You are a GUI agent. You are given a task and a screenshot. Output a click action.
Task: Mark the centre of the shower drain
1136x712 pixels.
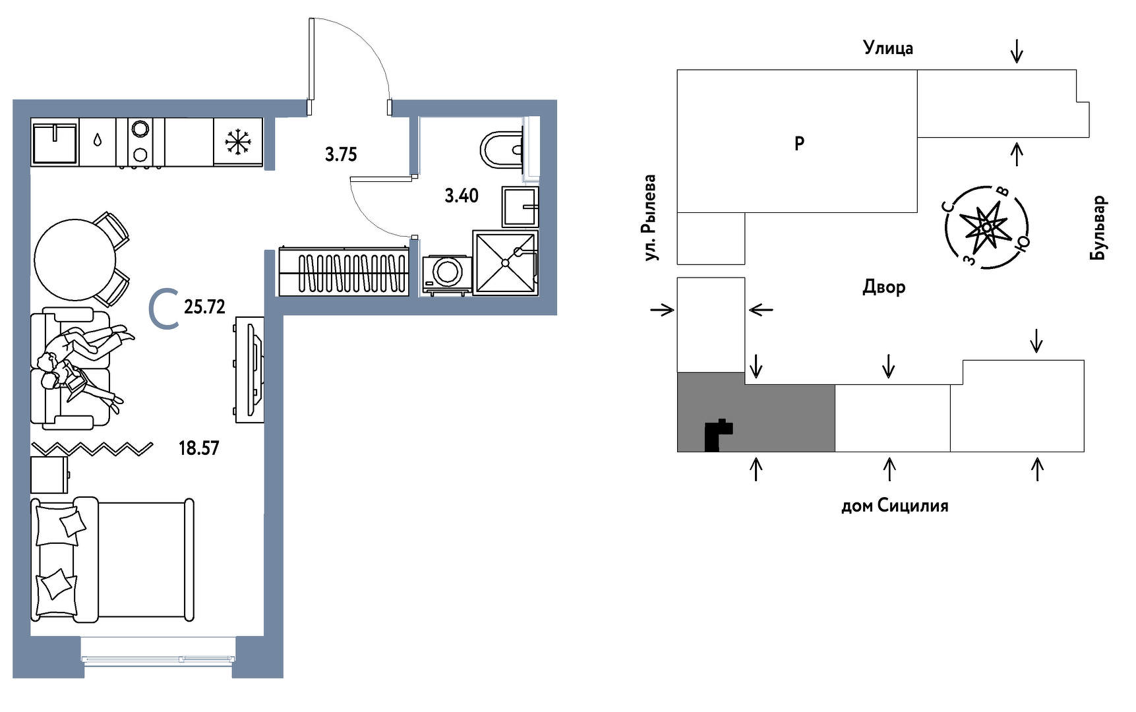point(506,262)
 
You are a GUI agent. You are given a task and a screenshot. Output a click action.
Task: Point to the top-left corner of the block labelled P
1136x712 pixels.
point(677,70)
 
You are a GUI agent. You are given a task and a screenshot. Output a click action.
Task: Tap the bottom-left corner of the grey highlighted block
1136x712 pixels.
point(678,452)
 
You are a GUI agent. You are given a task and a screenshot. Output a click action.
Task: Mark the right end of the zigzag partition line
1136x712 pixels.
point(153,446)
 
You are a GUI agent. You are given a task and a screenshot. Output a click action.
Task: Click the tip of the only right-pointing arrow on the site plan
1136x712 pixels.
point(674,309)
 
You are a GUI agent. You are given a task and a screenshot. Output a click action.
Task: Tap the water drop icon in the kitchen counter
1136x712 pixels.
point(98,140)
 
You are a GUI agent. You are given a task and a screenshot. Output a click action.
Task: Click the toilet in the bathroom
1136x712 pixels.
point(502,150)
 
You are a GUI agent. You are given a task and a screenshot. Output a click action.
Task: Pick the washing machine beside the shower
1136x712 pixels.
point(446,274)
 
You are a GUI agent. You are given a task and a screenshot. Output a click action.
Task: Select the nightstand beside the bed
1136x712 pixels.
point(49,475)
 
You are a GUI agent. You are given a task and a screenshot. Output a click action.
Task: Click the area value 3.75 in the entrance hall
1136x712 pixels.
point(341,154)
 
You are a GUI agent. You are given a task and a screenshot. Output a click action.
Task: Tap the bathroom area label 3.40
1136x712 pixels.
point(462,195)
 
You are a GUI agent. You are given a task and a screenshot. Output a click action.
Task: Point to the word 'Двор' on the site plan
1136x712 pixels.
point(883,287)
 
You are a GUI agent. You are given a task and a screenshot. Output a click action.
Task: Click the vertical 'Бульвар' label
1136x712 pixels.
point(1098,227)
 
